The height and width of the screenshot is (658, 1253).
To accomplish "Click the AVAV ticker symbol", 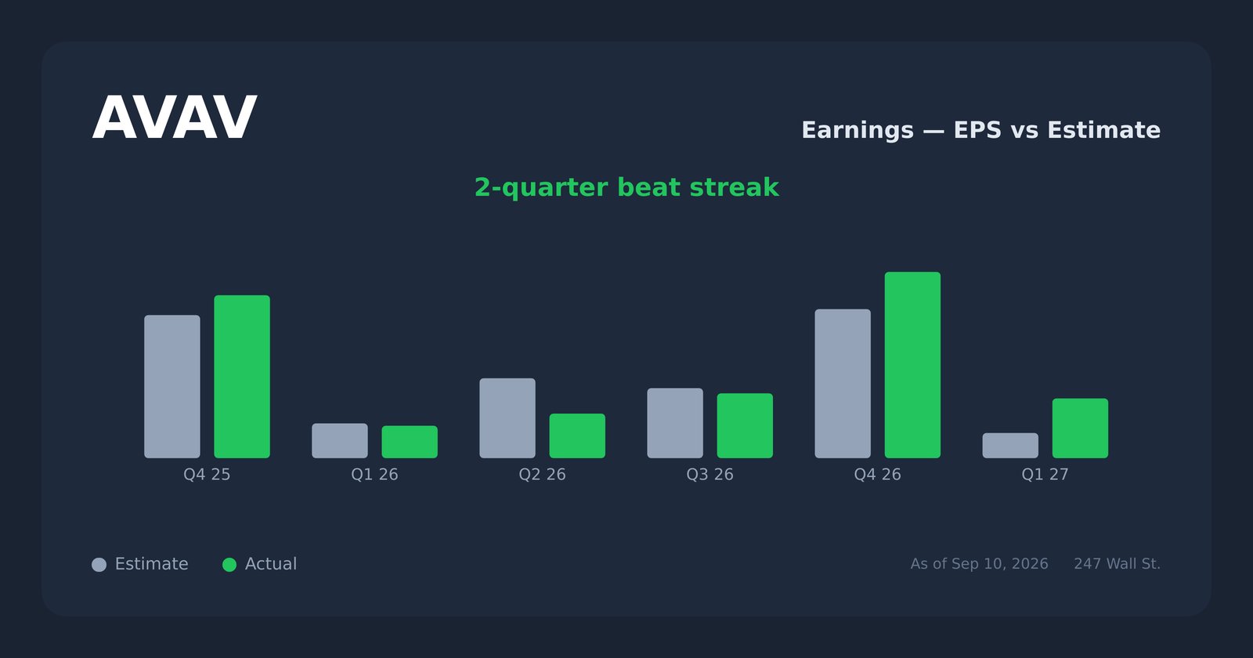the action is pos(175,118).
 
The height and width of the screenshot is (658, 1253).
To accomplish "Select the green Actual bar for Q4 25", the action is pos(242,377).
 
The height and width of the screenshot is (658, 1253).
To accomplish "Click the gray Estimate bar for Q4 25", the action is pos(172,387).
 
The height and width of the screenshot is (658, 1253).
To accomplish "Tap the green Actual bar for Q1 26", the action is pos(410,442).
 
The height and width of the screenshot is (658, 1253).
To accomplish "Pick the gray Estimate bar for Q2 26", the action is pos(507,418).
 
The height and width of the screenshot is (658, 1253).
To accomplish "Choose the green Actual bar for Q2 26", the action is pos(577,436).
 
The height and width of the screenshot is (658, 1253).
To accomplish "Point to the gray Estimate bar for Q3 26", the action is pos(675,423).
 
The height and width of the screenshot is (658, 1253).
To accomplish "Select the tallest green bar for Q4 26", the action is pos(912,365).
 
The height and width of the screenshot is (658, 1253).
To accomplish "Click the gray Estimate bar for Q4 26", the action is pos(843,384).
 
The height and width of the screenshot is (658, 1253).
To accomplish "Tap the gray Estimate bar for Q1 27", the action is pos(1010,446).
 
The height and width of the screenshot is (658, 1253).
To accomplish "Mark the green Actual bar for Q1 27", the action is pos(1080,428).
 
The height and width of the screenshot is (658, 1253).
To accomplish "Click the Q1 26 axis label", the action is pos(375,475).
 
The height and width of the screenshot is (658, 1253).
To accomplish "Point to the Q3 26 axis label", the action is pos(710,475).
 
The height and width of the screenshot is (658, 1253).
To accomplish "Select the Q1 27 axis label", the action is pos(1045,475).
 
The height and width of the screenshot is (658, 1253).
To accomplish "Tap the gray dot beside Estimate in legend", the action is pos(99,565).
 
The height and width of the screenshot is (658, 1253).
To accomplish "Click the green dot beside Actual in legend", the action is pos(229,565).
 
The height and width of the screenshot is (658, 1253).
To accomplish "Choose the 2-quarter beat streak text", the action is pos(626,187).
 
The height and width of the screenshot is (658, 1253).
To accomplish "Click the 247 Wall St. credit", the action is pos(1117,564).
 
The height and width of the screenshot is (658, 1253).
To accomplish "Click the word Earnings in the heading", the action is pos(858,130).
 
